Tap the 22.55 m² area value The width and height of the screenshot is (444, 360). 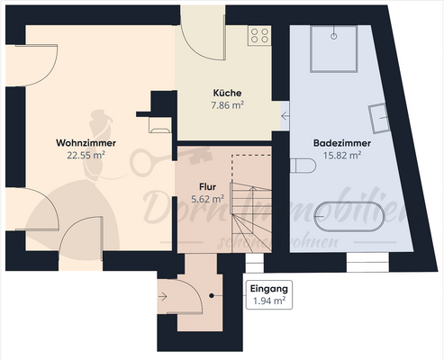coord(86,154)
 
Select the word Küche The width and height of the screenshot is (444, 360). coord(227,93)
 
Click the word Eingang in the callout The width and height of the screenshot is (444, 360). coord(267,289)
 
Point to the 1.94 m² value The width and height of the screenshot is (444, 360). coord(268,301)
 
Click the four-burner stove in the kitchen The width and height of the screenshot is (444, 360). coord(259,35)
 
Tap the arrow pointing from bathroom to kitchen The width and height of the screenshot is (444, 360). coord(285,115)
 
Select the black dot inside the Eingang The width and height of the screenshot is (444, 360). coord(213,296)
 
